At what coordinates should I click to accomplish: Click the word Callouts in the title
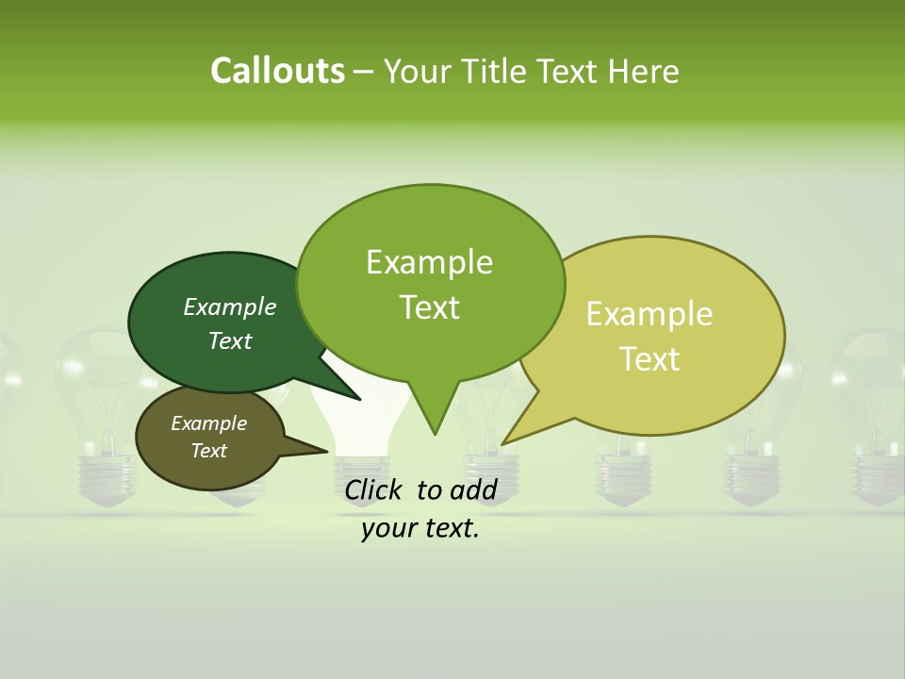click(x=277, y=71)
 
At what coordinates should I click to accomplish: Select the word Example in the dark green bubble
click(x=230, y=306)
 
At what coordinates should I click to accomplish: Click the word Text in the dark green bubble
click(x=230, y=340)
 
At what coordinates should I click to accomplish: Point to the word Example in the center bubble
click(x=429, y=262)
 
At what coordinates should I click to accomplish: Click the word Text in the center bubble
click(x=429, y=307)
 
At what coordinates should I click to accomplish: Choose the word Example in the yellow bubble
click(x=650, y=314)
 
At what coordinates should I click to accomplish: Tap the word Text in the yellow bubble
click(x=650, y=359)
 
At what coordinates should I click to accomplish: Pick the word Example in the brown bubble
click(x=209, y=423)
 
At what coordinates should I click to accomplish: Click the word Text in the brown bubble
click(x=209, y=451)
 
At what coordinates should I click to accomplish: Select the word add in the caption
click(x=473, y=489)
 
